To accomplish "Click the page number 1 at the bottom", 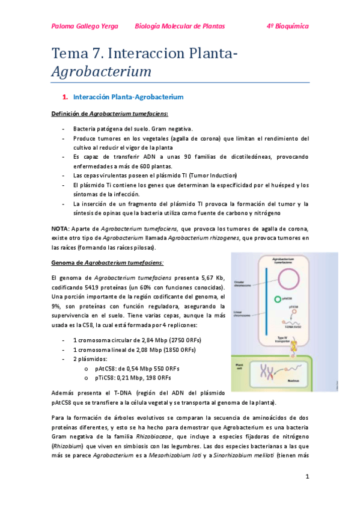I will coord(307,477).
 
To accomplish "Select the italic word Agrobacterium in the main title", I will coord(101,72).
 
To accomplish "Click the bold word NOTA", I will coord(60,229).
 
